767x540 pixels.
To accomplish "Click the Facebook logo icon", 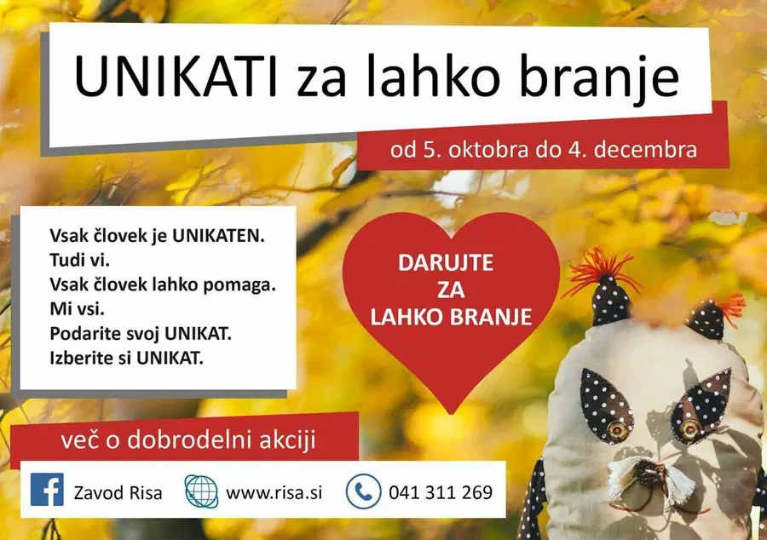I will tap(48, 491).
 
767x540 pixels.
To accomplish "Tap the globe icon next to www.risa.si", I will tap(201, 491).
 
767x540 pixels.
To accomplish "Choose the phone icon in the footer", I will tap(363, 491).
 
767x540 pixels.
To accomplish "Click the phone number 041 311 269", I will tap(440, 492).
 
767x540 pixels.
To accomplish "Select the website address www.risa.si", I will tap(274, 492).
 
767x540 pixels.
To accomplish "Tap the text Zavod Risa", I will tap(118, 492).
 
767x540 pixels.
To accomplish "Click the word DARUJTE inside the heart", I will tap(445, 263).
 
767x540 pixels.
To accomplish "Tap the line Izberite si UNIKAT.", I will tap(127, 357).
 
